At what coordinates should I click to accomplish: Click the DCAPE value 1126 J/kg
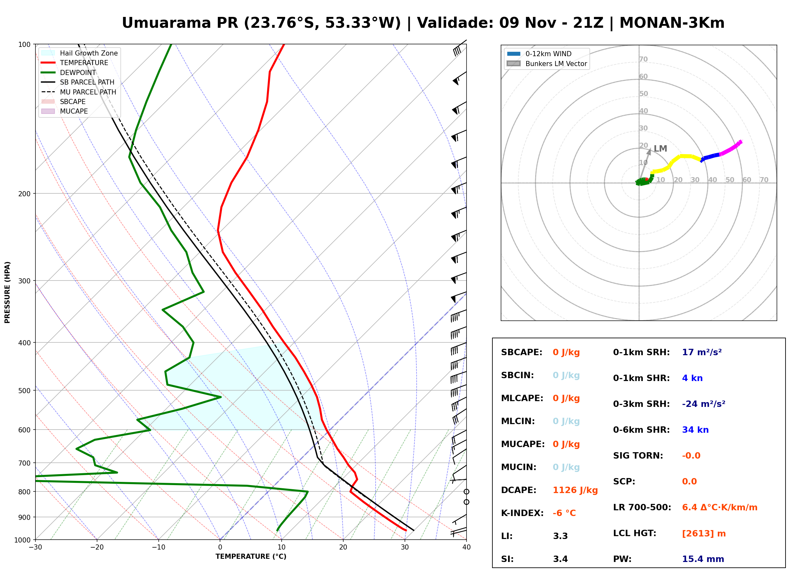[x=575, y=490]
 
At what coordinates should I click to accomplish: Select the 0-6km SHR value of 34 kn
[x=695, y=430]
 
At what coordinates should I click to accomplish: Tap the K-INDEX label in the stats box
[x=522, y=513]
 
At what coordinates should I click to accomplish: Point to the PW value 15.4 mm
[x=703, y=559]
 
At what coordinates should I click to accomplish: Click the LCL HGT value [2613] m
[x=704, y=534]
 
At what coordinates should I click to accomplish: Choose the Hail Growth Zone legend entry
[x=80, y=53]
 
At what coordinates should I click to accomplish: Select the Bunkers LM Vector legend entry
[x=547, y=64]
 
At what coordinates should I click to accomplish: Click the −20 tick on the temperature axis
[x=97, y=547]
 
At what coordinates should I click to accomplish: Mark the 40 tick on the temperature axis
[x=467, y=547]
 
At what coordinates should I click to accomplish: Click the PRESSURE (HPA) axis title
[x=7, y=292]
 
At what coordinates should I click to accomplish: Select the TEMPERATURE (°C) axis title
[x=251, y=557]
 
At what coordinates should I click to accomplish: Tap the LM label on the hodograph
[x=660, y=148]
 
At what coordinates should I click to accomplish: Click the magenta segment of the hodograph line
[x=731, y=148]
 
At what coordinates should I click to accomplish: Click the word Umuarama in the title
[x=166, y=23]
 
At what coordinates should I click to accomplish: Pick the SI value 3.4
[x=560, y=559]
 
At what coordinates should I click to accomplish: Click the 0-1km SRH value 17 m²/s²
[x=702, y=352]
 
